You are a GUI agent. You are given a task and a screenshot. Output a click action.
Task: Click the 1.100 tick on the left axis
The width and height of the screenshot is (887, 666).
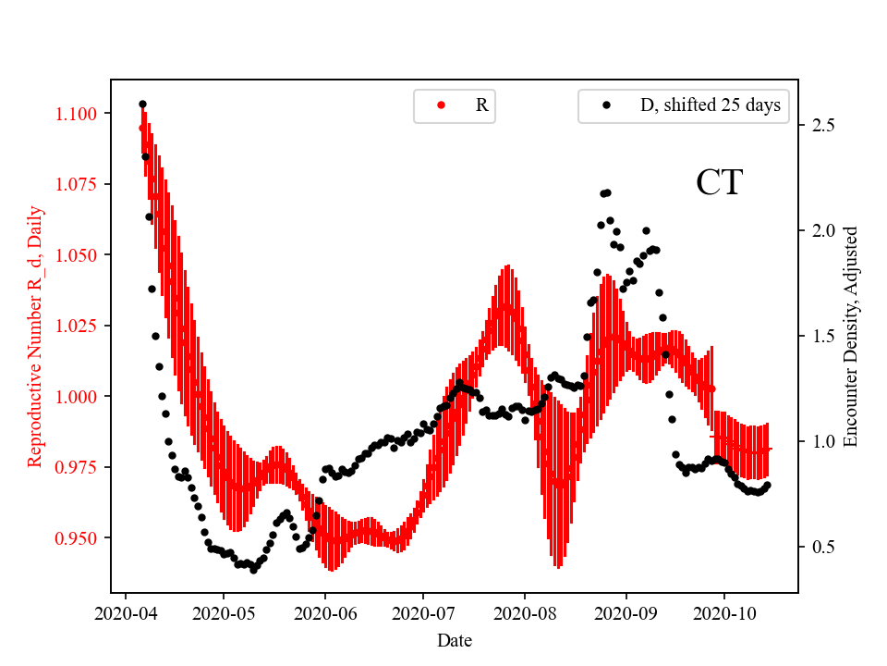[82, 114]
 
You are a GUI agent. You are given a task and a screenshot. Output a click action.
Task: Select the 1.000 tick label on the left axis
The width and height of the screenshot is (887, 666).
[82, 397]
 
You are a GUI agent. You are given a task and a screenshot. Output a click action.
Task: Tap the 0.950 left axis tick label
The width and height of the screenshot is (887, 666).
[82, 538]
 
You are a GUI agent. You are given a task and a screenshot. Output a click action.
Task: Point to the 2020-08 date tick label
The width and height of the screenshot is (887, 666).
[525, 612]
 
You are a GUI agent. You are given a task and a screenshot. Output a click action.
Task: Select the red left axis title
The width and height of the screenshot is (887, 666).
[35, 336]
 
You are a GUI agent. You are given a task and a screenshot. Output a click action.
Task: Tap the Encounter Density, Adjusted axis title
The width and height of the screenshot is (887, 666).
[852, 336]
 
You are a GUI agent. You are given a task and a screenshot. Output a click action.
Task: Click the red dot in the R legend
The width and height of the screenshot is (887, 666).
[441, 105]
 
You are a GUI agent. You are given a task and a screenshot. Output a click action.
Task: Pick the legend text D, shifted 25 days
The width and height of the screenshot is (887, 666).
[710, 105]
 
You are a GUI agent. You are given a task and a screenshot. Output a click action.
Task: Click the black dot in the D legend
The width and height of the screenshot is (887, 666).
[606, 105]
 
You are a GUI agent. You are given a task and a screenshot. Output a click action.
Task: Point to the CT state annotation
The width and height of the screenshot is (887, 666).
[719, 183]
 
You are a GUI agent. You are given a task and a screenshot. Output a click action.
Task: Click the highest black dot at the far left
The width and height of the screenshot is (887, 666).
[142, 105]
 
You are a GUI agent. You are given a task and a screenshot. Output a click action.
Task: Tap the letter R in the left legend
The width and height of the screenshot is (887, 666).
[481, 105]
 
